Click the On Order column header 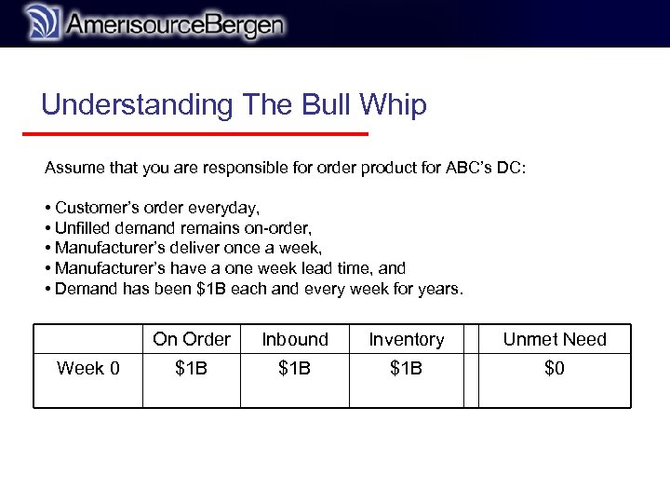pyautogui.click(x=192, y=340)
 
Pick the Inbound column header pyautogui.click(x=295, y=340)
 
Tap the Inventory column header pyautogui.click(x=407, y=340)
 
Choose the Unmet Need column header pyautogui.click(x=555, y=340)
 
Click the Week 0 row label pyautogui.click(x=88, y=369)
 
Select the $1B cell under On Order pyautogui.click(x=192, y=369)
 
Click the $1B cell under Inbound pyautogui.click(x=295, y=369)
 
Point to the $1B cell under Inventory pyautogui.click(x=407, y=369)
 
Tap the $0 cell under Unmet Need pyautogui.click(x=555, y=369)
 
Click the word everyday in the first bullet pyautogui.click(x=224, y=207)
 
